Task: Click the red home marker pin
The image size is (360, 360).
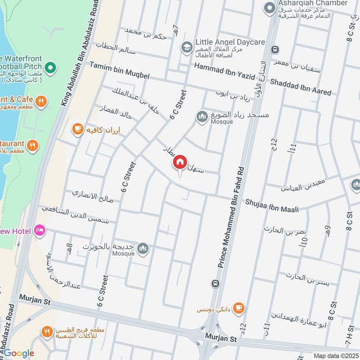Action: coord(180,162)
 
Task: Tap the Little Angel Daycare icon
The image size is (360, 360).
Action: coord(186,46)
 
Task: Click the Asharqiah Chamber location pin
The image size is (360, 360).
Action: coord(270,8)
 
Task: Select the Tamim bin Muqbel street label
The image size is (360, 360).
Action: coord(119,70)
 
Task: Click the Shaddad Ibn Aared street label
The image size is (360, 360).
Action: coord(301,87)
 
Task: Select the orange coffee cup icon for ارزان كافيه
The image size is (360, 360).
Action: coord(77,130)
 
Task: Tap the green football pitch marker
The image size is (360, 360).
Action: coord(50,68)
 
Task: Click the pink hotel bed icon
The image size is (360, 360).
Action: coord(40,231)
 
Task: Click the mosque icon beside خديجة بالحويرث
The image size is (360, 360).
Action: coord(143,248)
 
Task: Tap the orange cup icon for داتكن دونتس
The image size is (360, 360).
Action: coord(239,308)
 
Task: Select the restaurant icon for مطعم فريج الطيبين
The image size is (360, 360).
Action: coord(46,333)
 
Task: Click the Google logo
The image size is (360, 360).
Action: coord(18,353)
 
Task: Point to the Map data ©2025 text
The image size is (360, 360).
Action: coord(335,356)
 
